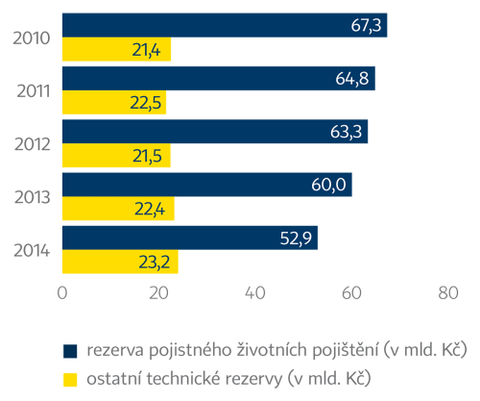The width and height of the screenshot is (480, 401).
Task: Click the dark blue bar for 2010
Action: (x=224, y=25)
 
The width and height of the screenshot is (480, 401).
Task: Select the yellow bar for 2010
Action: (x=116, y=50)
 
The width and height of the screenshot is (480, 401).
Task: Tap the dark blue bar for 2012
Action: (x=214, y=132)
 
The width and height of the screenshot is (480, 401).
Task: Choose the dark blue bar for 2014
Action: (x=189, y=238)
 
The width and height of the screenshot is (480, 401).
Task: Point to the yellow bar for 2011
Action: (x=113, y=103)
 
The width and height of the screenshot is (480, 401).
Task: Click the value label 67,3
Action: (x=366, y=25)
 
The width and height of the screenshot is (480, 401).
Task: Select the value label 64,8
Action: (x=354, y=79)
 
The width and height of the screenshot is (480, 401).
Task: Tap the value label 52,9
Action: (x=297, y=238)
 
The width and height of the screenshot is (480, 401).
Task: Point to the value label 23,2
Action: (x=156, y=263)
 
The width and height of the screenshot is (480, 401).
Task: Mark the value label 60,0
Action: (x=331, y=185)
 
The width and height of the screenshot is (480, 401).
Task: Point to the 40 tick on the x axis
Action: (x=254, y=293)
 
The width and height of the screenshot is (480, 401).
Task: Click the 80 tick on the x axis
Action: (x=446, y=293)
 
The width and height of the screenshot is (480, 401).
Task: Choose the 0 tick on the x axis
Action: (x=62, y=293)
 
